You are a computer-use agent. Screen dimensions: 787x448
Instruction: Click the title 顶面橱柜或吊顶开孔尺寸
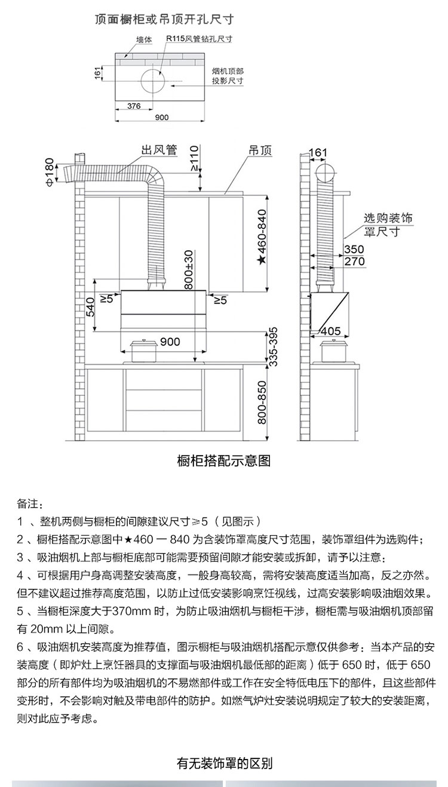tap(164, 20)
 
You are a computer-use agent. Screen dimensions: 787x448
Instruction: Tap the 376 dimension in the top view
tap(134, 106)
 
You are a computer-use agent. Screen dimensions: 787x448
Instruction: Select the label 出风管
tap(159, 150)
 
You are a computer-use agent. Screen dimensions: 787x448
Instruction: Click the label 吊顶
tap(260, 150)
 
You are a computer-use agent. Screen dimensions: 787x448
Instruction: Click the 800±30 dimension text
tap(188, 270)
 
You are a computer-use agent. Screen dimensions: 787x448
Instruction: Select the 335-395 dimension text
tap(274, 347)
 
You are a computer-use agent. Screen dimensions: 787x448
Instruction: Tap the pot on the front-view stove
tap(144, 351)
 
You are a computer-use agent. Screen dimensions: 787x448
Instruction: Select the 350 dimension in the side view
tap(354, 249)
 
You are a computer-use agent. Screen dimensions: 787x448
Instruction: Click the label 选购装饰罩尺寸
tap(388, 225)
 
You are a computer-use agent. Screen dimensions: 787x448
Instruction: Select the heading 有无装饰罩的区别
tap(225, 763)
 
